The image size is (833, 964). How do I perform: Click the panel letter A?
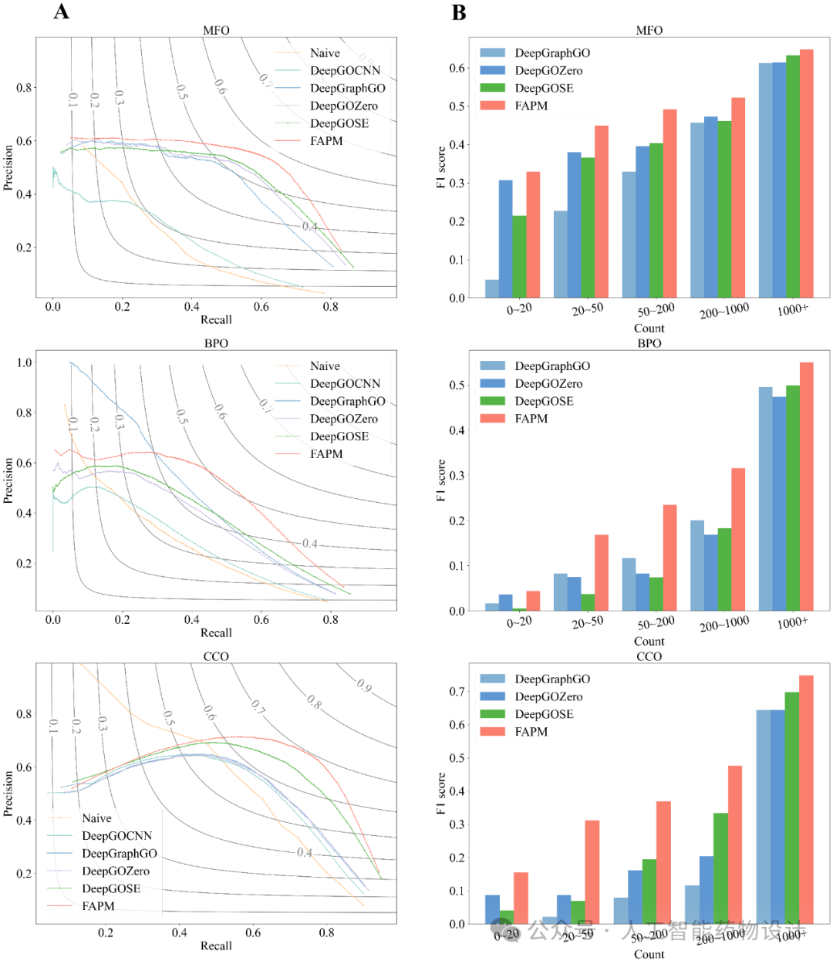point(62,12)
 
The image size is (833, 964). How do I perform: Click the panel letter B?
point(459,12)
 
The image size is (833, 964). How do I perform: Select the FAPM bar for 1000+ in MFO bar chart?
point(807,174)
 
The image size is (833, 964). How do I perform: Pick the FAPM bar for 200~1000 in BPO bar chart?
point(738,540)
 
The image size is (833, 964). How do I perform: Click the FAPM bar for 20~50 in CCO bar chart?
point(592,872)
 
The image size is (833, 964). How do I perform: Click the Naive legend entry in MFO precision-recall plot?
point(325,53)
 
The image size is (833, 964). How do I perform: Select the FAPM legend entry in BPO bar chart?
point(531,419)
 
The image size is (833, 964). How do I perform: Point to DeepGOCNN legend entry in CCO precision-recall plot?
point(116,836)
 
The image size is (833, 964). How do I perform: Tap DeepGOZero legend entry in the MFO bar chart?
point(548,71)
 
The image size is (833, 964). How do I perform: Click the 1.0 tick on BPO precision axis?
point(25,362)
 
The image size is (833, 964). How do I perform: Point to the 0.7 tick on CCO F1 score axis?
point(457,692)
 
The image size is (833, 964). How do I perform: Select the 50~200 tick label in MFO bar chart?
point(656,311)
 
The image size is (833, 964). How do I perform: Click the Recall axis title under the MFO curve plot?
point(216,320)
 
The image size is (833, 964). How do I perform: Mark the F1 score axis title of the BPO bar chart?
point(441,480)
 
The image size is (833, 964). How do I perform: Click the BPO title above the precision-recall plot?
point(216,343)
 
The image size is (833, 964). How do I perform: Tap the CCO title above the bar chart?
point(649,656)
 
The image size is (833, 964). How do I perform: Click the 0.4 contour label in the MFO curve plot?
point(310,226)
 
